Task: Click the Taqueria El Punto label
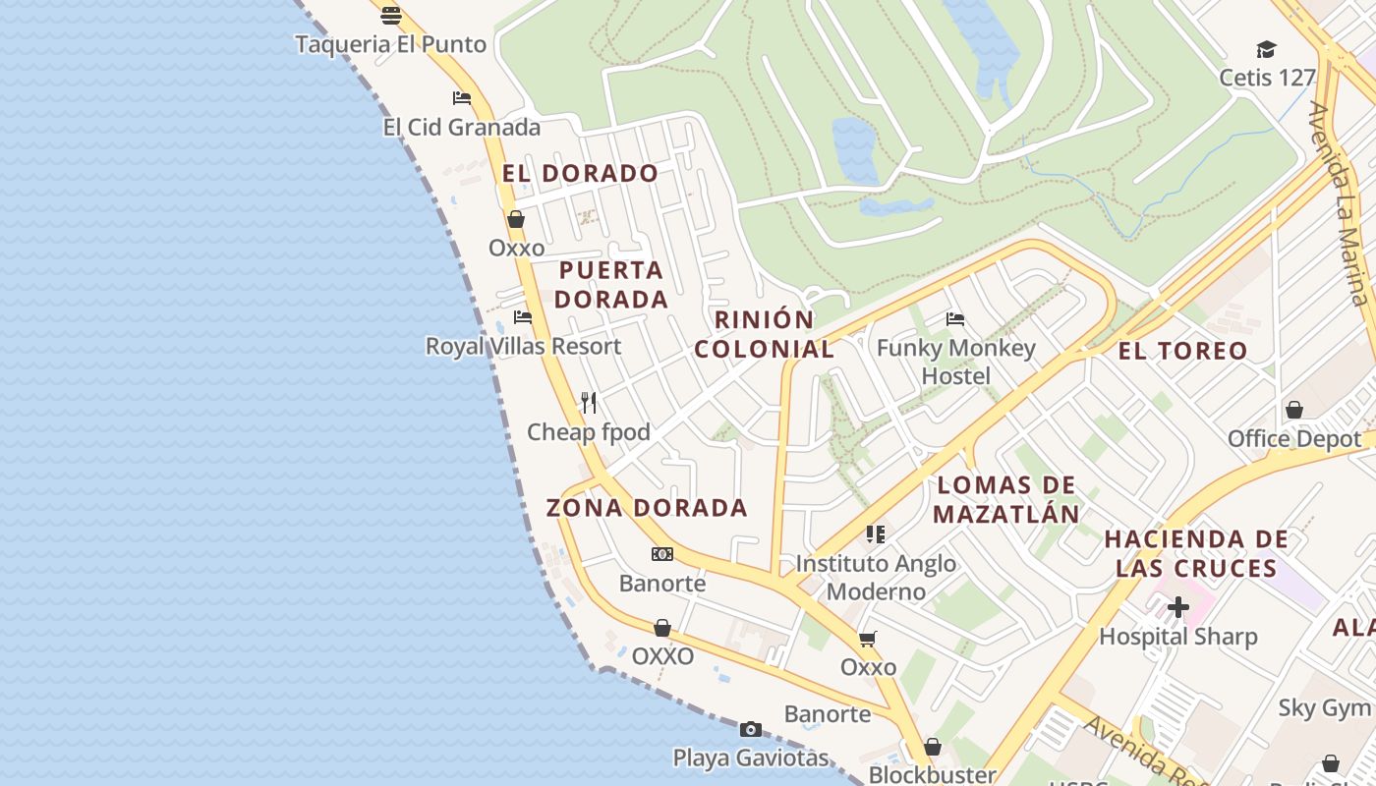pos(390,44)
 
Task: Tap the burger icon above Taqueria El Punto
pos(391,15)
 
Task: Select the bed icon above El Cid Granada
pos(461,97)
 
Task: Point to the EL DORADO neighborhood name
pos(580,174)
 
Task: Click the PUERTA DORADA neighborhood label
pos(611,284)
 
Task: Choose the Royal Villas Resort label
pos(523,346)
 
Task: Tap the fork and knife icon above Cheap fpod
pos(589,402)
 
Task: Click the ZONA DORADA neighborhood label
pos(647,508)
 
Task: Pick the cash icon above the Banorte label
pos(662,554)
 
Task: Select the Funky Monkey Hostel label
pos(956,362)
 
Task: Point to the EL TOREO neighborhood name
pos(1182,351)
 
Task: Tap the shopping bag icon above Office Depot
pos(1294,410)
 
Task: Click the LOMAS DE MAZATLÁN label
pos(1006,499)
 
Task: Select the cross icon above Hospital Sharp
pos(1177,608)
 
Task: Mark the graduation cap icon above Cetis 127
pos(1266,49)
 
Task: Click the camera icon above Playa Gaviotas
pos(751,729)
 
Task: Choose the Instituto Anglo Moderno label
pos(876,577)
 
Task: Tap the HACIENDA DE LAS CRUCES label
pos(1196,553)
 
